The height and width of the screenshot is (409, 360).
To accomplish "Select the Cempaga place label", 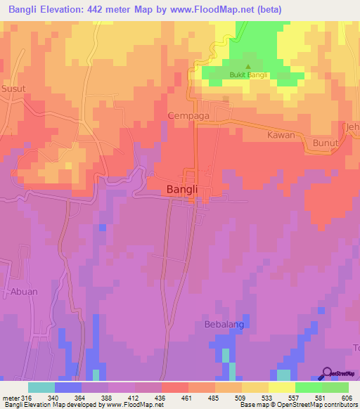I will coord(186,115).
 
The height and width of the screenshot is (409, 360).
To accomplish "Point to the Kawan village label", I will coord(280,134).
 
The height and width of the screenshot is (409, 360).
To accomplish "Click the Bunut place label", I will coord(326,143).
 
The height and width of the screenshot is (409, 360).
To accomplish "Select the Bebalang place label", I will coord(221,326).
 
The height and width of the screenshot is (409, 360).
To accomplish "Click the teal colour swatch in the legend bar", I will coord(41,387).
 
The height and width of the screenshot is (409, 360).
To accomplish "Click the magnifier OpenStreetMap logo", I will coord(327,374).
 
